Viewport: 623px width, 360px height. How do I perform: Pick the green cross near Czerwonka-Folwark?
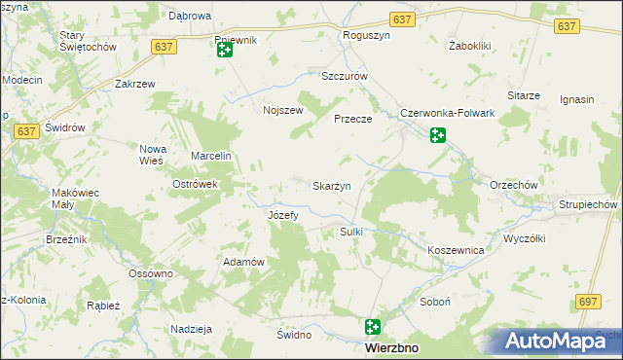point(437,135)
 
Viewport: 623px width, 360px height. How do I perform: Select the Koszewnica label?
point(456,250)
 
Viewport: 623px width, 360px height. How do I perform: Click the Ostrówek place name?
point(194,184)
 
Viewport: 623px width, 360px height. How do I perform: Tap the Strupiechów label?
point(588,205)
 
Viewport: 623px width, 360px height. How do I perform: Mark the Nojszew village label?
point(283,110)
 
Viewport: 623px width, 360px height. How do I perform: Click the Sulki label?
point(350,232)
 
